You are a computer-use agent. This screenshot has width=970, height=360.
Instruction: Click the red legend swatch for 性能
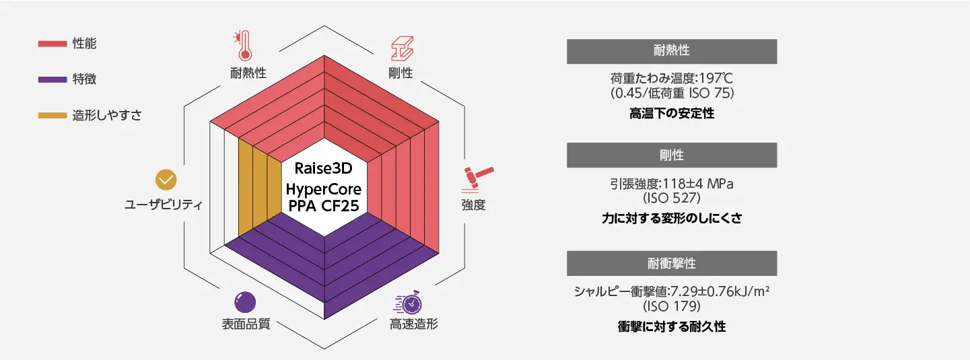(52, 44)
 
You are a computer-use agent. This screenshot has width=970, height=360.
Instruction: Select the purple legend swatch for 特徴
(52, 79)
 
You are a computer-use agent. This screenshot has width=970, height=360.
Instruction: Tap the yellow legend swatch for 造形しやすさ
(52, 115)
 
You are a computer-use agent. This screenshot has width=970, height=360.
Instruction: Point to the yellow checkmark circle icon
(166, 180)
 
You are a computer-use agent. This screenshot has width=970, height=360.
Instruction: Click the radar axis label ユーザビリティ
(164, 205)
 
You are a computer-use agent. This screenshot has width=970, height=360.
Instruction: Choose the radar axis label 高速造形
(413, 324)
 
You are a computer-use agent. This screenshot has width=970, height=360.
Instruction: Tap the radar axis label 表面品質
(246, 324)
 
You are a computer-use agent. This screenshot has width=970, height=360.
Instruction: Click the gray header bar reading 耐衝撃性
(672, 263)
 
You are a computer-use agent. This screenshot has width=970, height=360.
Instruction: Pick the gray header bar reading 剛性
(672, 155)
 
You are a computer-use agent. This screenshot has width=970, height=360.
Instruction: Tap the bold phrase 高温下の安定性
(672, 114)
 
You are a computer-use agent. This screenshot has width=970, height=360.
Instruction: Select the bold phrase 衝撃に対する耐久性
(672, 327)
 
